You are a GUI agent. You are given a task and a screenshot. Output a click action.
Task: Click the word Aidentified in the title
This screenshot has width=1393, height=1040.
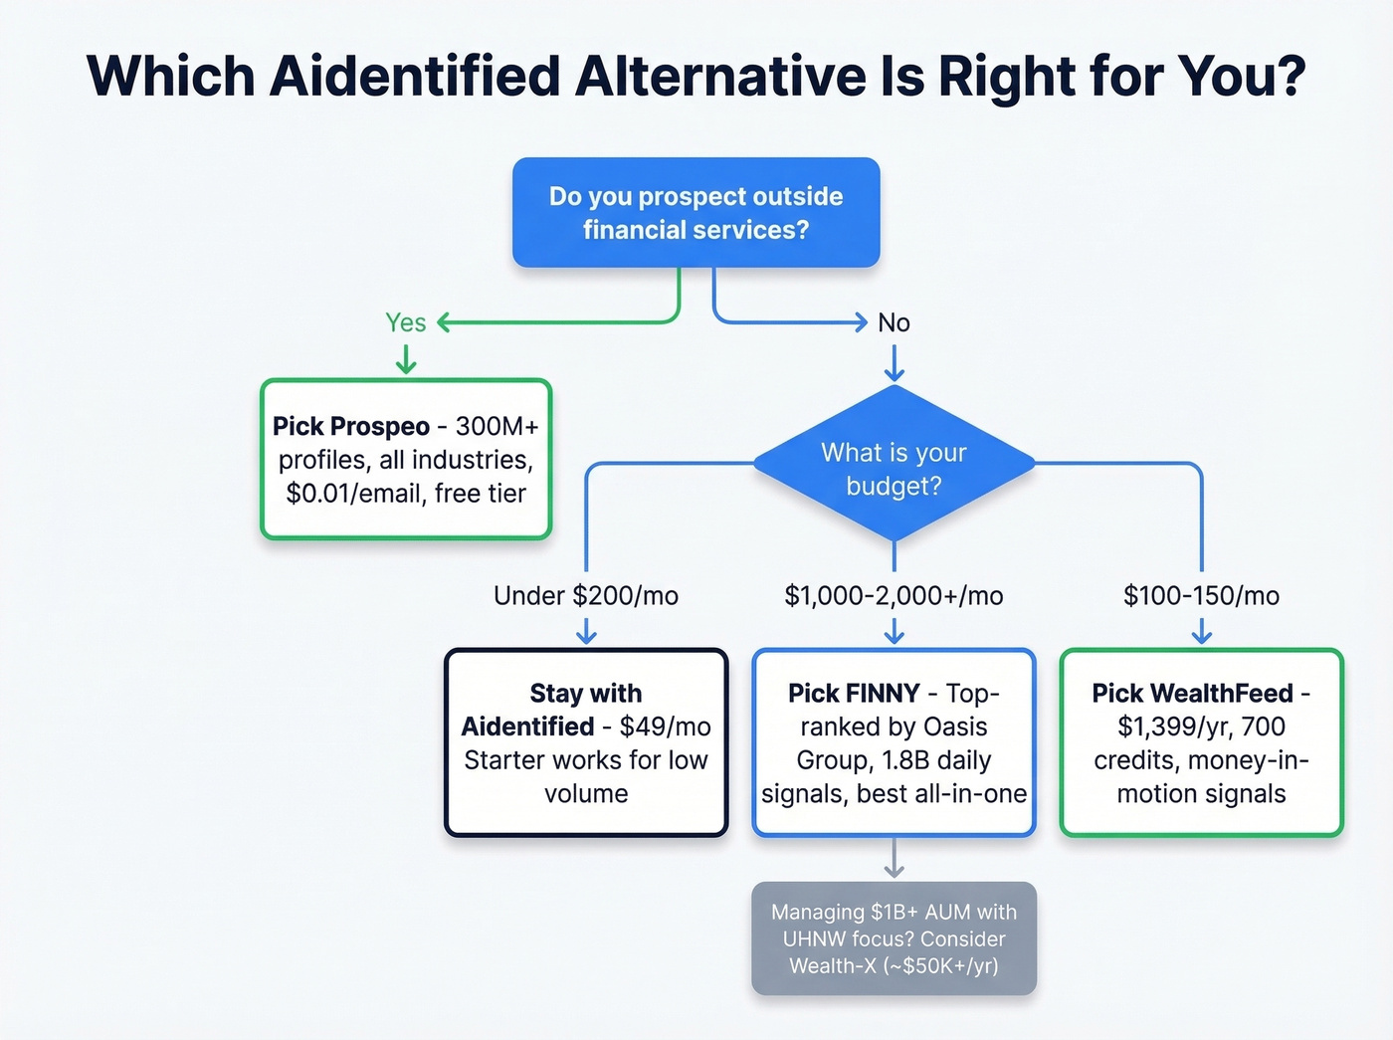[x=415, y=76]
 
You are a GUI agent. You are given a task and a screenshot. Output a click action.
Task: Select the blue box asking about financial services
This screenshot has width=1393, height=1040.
[x=696, y=212]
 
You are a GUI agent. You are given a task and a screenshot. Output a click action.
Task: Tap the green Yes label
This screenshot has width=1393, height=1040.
[x=405, y=322]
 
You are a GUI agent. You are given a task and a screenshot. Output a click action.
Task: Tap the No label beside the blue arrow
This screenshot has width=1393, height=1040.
[x=894, y=322]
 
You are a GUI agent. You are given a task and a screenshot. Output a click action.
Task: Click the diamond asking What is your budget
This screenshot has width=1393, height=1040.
[x=894, y=465]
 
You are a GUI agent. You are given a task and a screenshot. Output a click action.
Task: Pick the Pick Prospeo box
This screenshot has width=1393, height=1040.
[x=405, y=459]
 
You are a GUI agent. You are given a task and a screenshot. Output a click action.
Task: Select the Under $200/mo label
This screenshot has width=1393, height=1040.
[x=586, y=596]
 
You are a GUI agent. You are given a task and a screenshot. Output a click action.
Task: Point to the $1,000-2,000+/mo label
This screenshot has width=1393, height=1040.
[x=894, y=596]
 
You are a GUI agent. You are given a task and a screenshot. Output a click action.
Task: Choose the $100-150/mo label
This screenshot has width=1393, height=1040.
[x=1201, y=596]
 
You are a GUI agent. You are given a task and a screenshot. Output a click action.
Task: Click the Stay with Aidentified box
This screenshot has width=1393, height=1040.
[x=586, y=742]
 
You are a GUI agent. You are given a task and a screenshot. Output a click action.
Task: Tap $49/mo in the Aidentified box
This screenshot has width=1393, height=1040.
[x=665, y=727]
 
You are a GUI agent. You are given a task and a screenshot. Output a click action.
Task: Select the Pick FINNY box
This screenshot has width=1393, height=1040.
[x=894, y=742]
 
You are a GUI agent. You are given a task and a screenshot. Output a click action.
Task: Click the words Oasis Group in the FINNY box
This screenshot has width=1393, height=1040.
[x=894, y=743]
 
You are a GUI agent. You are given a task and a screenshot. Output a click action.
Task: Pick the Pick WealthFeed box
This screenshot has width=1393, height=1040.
[x=1201, y=742]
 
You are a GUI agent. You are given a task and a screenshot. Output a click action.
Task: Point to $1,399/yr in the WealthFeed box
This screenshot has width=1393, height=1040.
[x=1171, y=727]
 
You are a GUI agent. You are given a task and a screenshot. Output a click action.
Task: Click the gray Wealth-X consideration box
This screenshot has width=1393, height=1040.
[x=894, y=938]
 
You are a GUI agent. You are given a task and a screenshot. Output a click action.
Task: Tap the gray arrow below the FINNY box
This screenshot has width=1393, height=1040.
[x=894, y=859]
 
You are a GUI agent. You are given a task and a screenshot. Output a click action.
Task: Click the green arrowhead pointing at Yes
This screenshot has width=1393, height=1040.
[x=444, y=322]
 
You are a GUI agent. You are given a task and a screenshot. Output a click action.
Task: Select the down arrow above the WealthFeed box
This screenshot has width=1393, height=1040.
[x=1201, y=632]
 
